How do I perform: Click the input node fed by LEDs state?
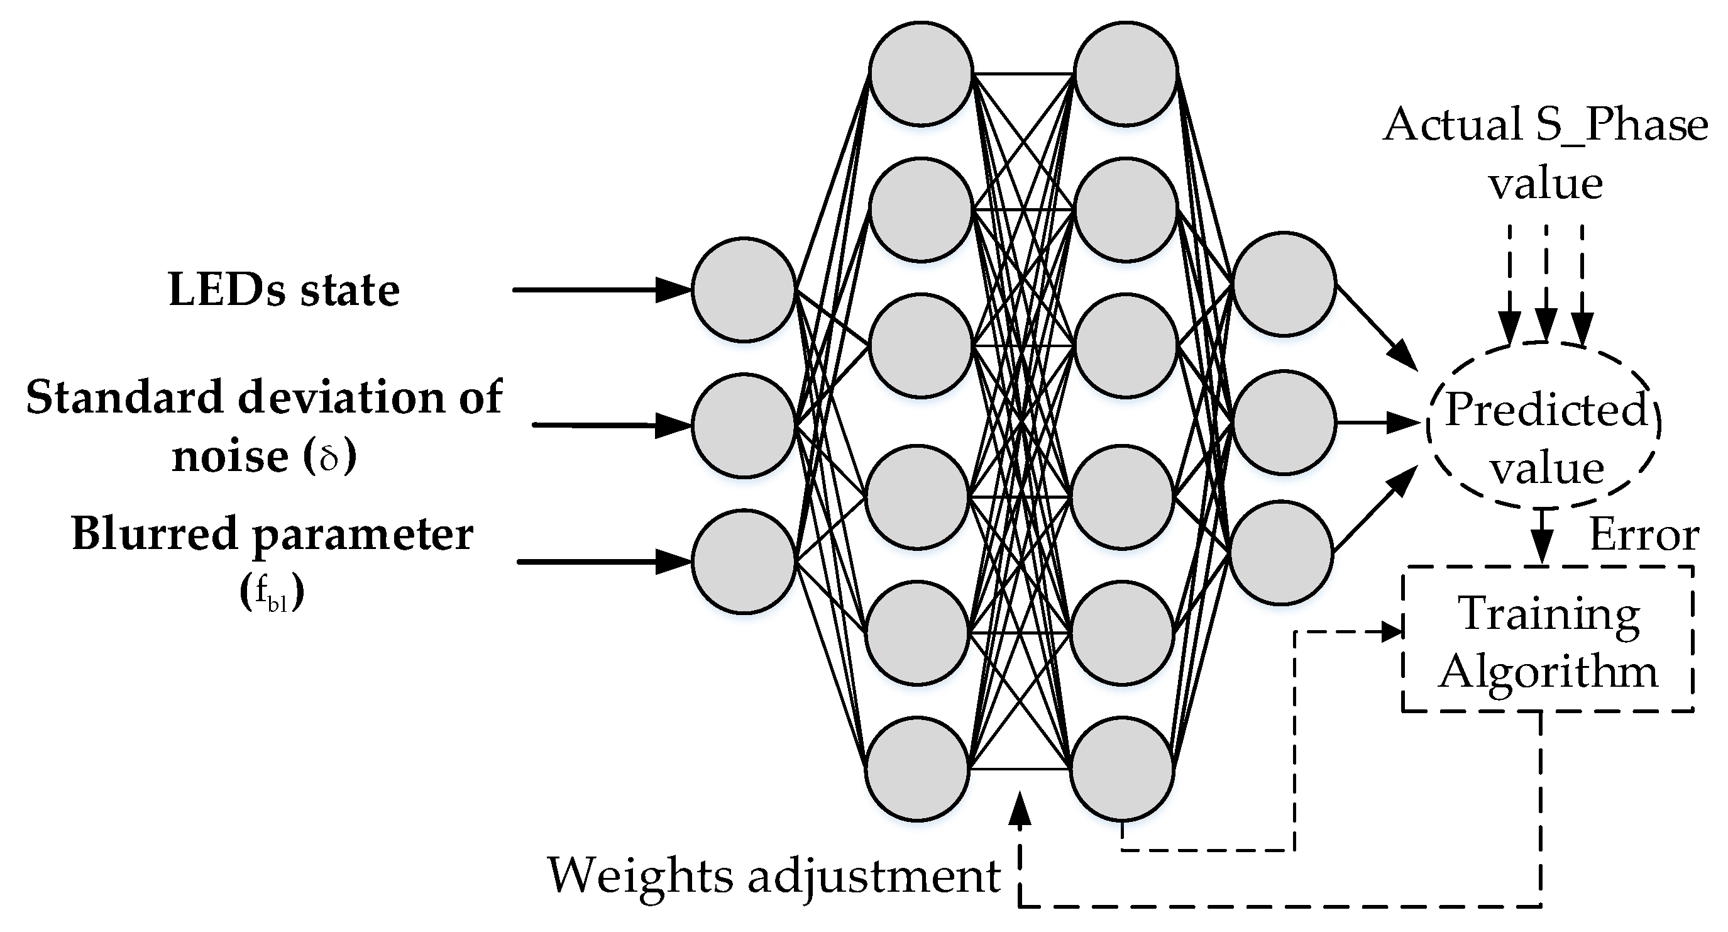point(743,289)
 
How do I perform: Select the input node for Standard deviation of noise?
point(743,425)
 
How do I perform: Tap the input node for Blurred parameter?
point(743,561)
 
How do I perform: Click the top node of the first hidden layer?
point(921,73)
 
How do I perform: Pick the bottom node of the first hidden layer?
point(918,769)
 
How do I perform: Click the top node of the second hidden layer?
point(1126,73)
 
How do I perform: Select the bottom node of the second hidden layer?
point(1122,769)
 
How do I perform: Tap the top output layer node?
point(1284,284)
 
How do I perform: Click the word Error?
point(1644,536)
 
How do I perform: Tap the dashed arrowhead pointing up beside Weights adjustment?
point(1020,809)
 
